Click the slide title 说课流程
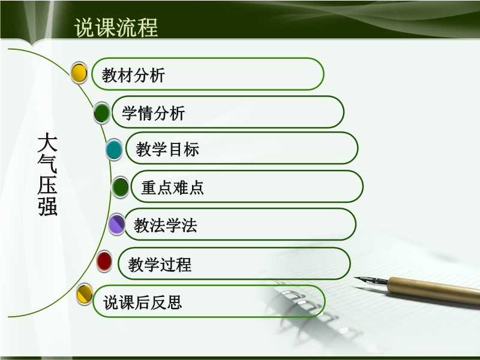116,28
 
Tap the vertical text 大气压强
47,175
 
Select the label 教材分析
133,75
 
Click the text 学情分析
154,113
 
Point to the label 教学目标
167,149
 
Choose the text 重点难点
172,187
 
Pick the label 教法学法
166,226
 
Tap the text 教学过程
160,265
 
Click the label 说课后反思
142,302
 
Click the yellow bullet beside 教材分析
79,73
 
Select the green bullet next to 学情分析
102,113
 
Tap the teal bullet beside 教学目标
114,149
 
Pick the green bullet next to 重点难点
121,187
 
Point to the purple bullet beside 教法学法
116,224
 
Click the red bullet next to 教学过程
104,261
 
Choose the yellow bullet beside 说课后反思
85,294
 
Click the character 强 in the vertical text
48,206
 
